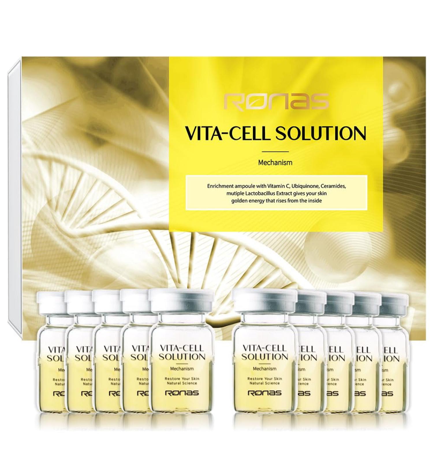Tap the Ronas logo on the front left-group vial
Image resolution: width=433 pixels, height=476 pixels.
pos(182,393)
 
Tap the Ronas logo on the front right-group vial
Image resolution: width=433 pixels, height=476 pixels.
pos(265,393)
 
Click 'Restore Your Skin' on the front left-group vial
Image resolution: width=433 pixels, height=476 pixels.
pos(182,378)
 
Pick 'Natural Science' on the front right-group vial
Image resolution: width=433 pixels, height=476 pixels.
pos(265,383)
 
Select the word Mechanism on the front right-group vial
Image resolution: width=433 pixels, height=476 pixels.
pos(265,368)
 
